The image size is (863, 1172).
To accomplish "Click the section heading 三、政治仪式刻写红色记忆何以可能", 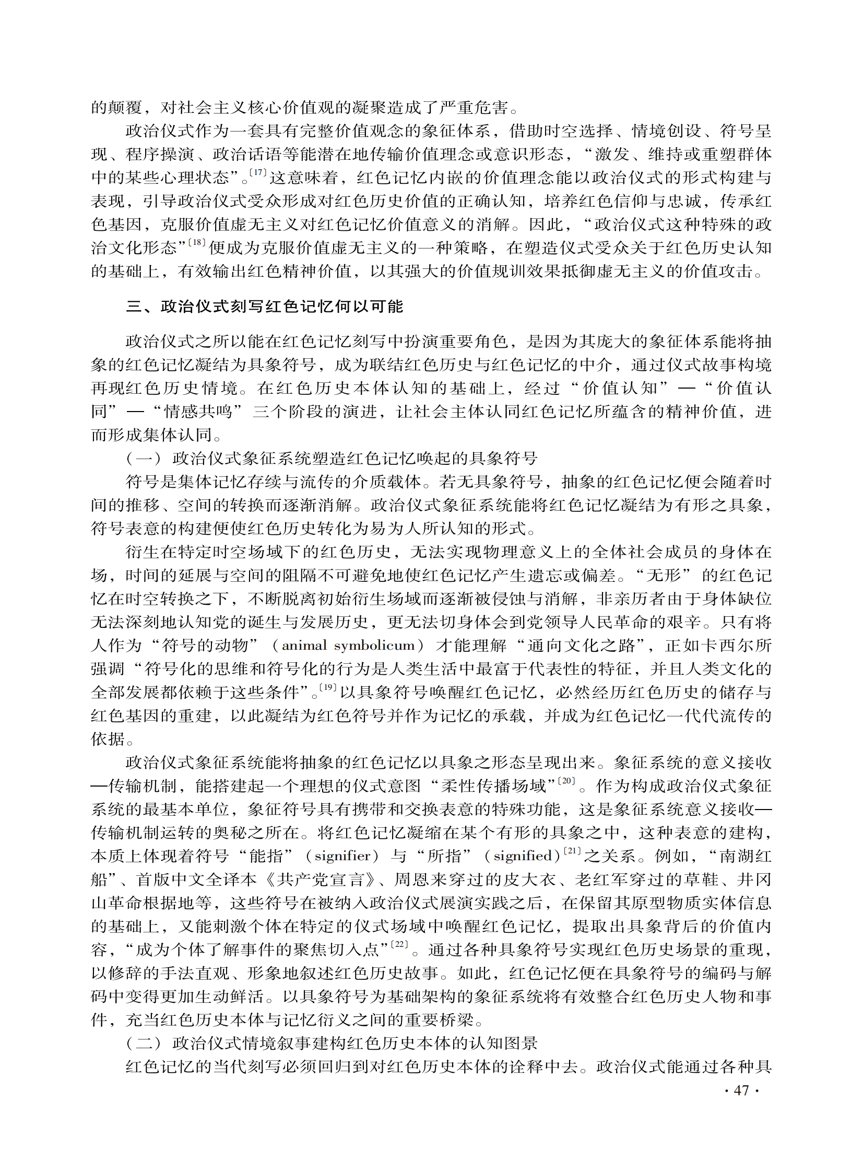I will click(264, 306).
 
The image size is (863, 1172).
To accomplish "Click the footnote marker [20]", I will click(566, 781).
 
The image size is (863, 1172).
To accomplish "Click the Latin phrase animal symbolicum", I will click(348, 646).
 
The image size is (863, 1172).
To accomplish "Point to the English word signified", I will click(523, 857).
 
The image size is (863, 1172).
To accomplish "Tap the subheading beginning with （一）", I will click(331, 459).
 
